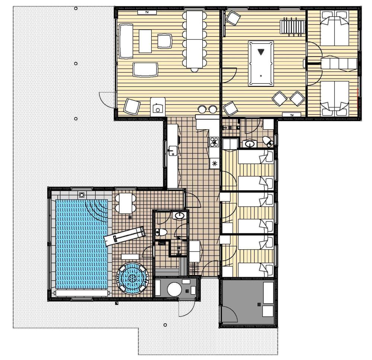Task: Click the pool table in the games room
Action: click(261, 63)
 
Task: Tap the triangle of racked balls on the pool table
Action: click(261, 51)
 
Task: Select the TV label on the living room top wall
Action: click(147, 12)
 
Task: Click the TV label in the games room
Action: click(292, 115)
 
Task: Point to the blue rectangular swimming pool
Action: click(81, 244)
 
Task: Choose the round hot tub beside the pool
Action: click(132, 278)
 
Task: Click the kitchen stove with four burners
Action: click(214, 142)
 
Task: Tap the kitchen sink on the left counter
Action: click(173, 151)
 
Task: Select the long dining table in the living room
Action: click(195, 39)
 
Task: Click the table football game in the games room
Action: click(292, 27)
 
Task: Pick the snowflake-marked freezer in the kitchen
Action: click(215, 163)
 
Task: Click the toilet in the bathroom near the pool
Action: click(161, 232)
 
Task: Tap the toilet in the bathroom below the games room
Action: click(267, 141)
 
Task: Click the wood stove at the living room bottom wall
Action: click(158, 107)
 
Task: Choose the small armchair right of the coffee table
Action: click(164, 41)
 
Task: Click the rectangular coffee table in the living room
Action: click(145, 41)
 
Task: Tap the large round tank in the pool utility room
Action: click(174, 289)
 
